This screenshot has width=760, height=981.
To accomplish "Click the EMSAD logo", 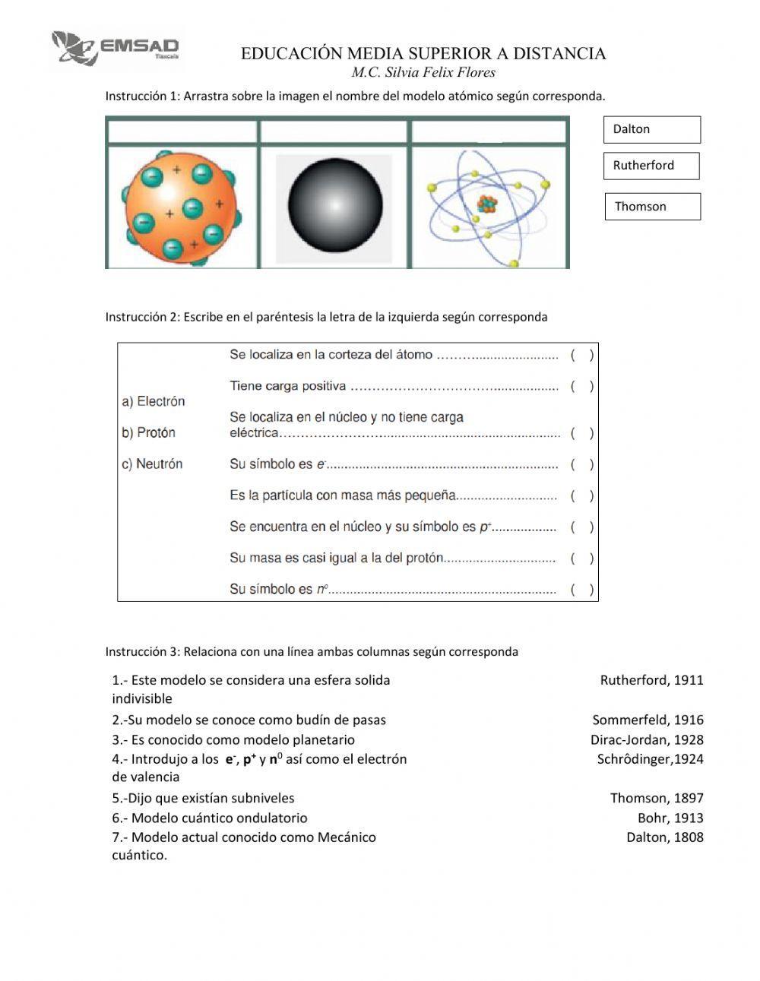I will pyautogui.click(x=116, y=48).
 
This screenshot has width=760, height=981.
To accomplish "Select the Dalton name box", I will pyautogui.click(x=651, y=129).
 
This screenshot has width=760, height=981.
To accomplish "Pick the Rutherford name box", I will pyautogui.click(x=651, y=166).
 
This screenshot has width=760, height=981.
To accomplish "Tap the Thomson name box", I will pyautogui.click(x=652, y=207).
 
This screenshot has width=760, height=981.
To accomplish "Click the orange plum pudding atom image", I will pyautogui.click(x=182, y=207).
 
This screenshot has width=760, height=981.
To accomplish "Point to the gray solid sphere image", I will pyautogui.click(x=334, y=207).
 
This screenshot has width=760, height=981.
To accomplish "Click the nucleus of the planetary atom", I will pyautogui.click(x=486, y=204).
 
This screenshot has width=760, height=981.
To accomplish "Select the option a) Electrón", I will pyautogui.click(x=154, y=401).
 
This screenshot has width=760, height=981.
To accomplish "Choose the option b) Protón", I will pyautogui.click(x=149, y=432).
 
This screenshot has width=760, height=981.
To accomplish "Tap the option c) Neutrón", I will pyautogui.click(x=152, y=464).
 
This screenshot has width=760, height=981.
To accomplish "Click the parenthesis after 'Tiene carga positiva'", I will pyautogui.click(x=582, y=386).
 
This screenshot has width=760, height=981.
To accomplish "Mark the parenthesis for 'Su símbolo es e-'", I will pyautogui.click(x=582, y=464).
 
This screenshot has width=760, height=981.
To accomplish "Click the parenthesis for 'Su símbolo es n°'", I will pyautogui.click(x=582, y=589).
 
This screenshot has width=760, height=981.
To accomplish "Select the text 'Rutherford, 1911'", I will pyautogui.click(x=651, y=680).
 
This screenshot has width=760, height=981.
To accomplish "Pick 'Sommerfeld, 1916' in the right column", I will pyautogui.click(x=648, y=720).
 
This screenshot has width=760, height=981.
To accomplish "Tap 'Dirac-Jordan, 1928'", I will pyautogui.click(x=647, y=739).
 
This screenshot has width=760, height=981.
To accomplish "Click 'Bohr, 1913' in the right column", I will pyautogui.click(x=670, y=818).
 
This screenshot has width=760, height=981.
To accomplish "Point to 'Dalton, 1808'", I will pyautogui.click(x=665, y=837).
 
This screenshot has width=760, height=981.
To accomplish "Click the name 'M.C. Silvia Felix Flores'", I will pyautogui.click(x=423, y=73).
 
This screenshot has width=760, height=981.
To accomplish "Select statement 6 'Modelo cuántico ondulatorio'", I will pyautogui.click(x=210, y=818).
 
